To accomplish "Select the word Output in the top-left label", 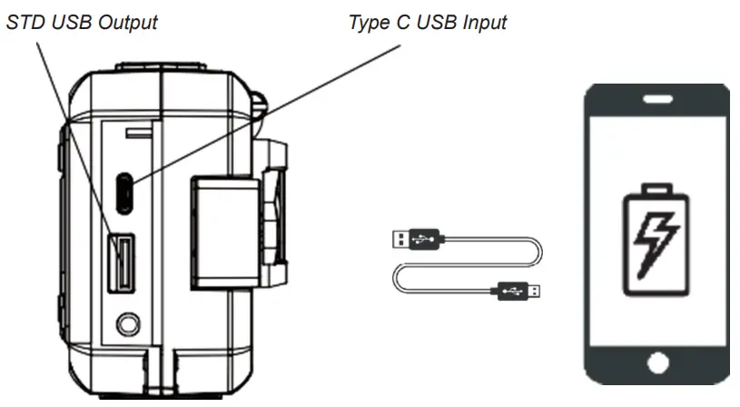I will (x=125, y=22).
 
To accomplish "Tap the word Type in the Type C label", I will (x=368, y=22).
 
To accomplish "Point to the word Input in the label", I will (x=480, y=22).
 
